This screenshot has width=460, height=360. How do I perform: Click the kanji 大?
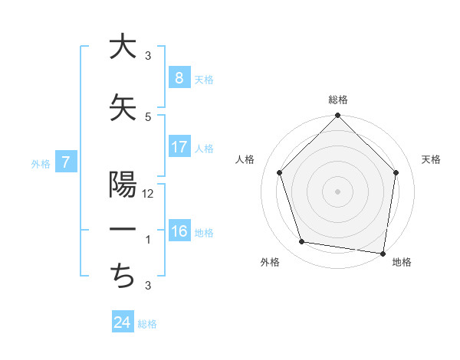pos(122,47)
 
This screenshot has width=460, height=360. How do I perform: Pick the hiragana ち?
pos(122,275)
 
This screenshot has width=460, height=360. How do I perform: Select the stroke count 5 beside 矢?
pos(148,116)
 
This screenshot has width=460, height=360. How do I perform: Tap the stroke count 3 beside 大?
pos(148,56)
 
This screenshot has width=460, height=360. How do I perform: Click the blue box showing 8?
pos(179,78)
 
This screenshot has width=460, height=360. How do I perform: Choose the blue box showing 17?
pos(179,147)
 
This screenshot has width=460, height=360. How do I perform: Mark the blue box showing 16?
pos(179,231)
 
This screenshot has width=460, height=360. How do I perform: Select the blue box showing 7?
pos(67,162)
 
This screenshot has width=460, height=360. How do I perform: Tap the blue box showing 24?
pos(122,322)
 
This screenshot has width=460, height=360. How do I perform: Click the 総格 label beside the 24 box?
pos(148,324)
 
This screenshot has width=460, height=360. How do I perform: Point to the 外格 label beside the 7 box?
pos(41,163)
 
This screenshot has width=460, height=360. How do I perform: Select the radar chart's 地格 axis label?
pos(402,263)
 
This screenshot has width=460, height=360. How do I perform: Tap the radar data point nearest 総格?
pos(337,116)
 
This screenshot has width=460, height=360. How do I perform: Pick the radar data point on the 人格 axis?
pos(280,172)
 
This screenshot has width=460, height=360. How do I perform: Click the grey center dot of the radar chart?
pos(337,191)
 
